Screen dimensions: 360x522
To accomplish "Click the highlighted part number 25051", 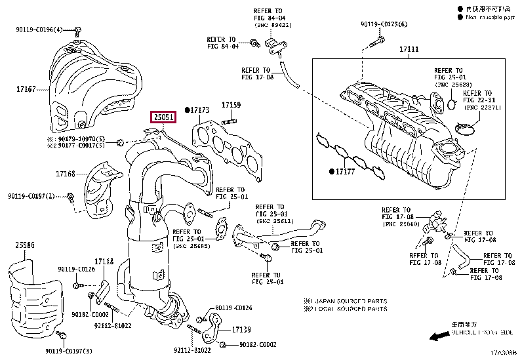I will click(164, 117).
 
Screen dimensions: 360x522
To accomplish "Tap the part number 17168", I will click(65, 174).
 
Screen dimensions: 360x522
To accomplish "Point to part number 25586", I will click(26, 245).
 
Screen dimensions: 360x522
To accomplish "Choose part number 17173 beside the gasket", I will click(199, 109).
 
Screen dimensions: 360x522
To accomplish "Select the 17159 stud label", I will click(231, 104).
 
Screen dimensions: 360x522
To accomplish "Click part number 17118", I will click(104, 260).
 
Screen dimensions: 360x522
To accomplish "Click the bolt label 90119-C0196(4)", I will click(39, 30).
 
